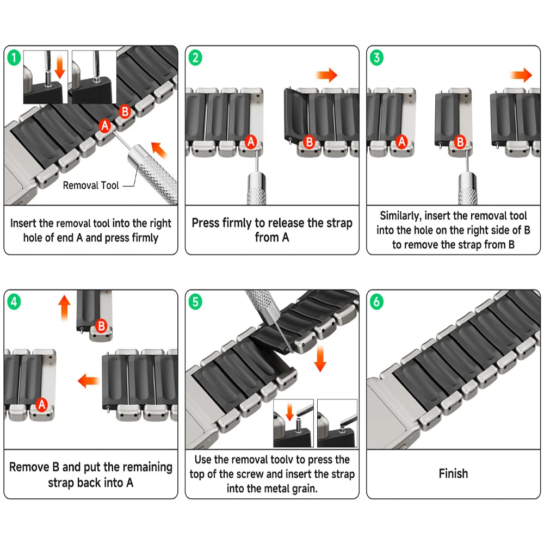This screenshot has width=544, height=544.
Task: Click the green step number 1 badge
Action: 14,56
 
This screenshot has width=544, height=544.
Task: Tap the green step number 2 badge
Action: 195,56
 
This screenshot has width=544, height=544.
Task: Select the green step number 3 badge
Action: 376,56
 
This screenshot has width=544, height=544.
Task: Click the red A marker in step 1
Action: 105,126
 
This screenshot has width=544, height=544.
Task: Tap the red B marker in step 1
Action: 125,113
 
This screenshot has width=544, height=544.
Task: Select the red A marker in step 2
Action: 251,142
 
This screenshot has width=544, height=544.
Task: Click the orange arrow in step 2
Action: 326,75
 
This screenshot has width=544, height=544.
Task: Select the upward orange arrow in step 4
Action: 65,307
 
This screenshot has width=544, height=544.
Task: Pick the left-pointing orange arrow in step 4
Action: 88,380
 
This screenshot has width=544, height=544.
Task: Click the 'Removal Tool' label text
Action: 91,186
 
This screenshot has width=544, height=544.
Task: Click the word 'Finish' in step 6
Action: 453,473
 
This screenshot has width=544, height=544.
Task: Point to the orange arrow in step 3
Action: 521,75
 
